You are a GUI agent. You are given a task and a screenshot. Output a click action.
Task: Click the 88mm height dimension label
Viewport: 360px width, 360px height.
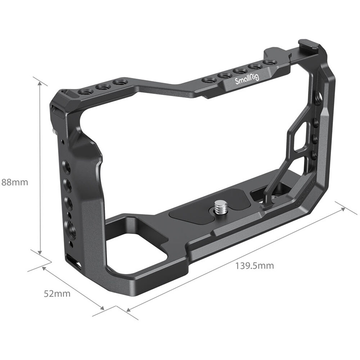click(x=15, y=182)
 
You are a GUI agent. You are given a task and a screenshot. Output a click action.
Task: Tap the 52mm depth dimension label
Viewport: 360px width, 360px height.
click(x=57, y=293)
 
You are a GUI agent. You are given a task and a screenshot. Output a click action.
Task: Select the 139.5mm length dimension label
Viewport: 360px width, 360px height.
click(x=255, y=266)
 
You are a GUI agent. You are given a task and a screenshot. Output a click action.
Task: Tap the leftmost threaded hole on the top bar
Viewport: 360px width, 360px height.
click(x=85, y=93)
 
